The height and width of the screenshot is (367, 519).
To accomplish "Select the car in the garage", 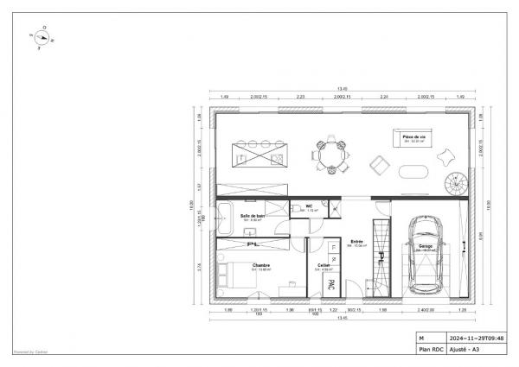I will [425, 255].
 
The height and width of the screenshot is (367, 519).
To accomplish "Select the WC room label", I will [309, 207].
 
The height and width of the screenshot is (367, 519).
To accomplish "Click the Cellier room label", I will [324, 266].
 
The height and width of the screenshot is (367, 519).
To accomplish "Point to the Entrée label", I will [356, 243].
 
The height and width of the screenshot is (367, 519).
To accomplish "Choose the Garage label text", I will [426, 247].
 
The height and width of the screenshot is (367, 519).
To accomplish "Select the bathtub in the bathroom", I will [224, 220].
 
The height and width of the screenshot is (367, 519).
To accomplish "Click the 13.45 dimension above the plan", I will [343, 88].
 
